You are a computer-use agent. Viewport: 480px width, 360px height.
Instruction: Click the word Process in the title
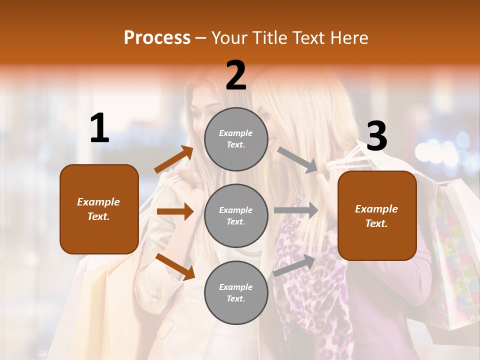157,38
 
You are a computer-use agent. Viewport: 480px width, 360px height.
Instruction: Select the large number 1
99,128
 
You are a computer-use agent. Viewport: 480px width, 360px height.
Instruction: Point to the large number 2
236,75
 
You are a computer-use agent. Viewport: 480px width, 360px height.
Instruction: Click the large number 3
377,136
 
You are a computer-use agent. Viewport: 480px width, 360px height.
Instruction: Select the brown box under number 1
99,209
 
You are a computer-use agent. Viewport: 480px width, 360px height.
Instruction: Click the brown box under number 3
377,215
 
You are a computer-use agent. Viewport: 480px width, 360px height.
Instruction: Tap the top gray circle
236,139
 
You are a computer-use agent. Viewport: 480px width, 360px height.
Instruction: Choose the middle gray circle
236,215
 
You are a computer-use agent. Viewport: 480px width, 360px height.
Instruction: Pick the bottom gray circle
236,292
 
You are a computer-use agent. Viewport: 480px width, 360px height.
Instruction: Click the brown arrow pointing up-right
174,159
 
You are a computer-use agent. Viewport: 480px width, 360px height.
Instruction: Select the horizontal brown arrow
175,211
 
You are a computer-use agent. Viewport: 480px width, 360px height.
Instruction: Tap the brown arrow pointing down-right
175,266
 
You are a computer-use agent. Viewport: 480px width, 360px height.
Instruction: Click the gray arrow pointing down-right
297,159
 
